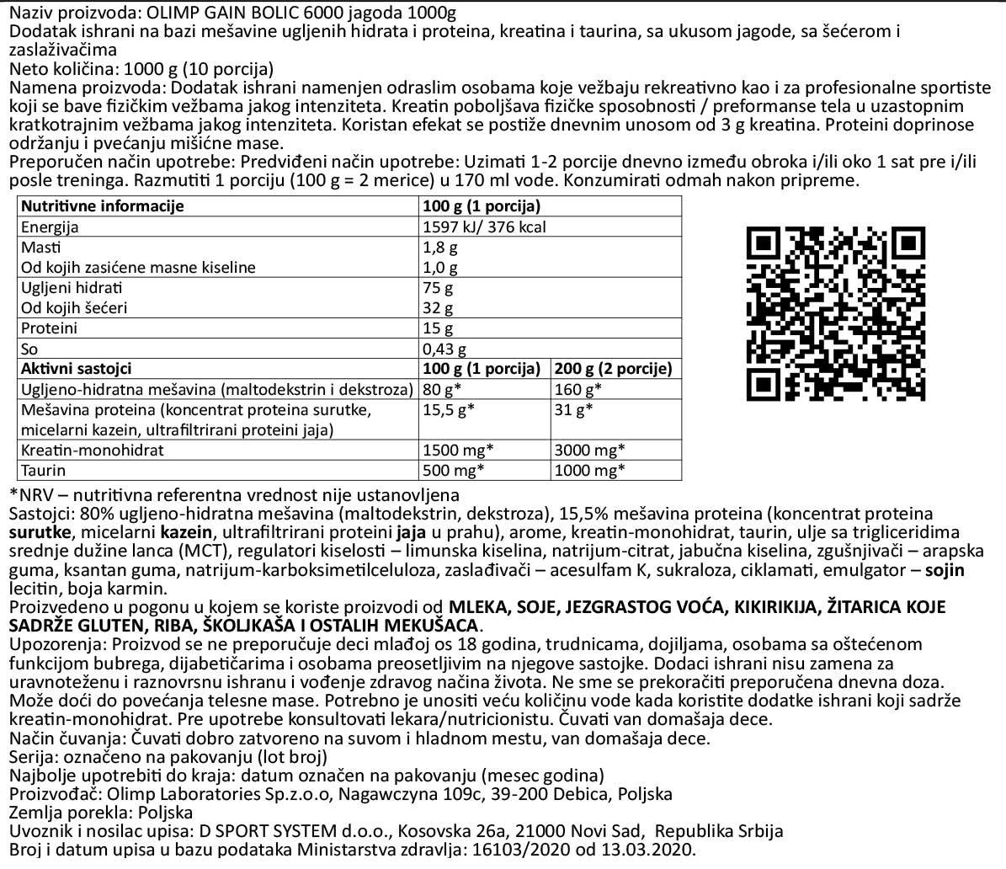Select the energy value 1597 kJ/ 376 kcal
point(484,227)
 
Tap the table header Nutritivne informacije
point(102,206)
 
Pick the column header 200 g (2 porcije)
point(613,369)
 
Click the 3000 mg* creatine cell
point(589,450)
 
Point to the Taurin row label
point(44,470)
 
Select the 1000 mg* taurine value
point(589,470)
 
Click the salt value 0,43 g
point(444,349)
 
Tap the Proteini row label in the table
point(49,328)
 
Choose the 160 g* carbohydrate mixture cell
point(578,389)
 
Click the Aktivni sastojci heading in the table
point(77,369)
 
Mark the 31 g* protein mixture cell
point(573,410)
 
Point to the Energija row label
point(50,227)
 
